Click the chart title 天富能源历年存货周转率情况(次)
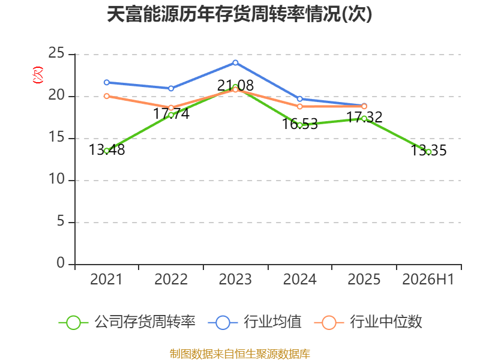239,14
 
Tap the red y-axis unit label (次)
38,75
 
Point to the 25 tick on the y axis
56,53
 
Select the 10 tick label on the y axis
56,179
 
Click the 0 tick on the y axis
61,263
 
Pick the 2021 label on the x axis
106,280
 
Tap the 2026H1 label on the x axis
428,280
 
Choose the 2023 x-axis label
235,280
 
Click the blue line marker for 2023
235,63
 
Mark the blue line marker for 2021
107,82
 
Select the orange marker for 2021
107,96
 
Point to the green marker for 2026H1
428,152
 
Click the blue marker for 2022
171,88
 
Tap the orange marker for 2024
299,107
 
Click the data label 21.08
235,85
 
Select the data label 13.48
107,150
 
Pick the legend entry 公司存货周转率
127,322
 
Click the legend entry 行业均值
254,322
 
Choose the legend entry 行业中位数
368,322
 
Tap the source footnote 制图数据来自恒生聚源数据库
240,354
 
